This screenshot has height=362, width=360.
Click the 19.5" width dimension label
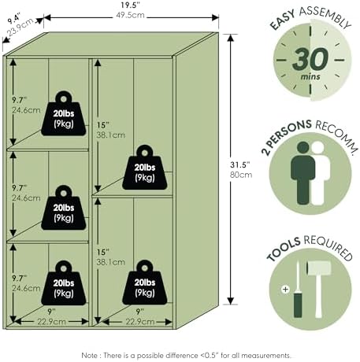click(130, 5)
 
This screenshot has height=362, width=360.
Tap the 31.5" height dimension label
click(240, 164)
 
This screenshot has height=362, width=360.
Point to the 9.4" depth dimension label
click(14, 20)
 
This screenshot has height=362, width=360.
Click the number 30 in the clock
click(310, 59)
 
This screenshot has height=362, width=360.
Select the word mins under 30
click(310, 77)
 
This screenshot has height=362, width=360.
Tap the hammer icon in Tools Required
click(318, 289)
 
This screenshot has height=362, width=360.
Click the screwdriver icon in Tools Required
click(298, 290)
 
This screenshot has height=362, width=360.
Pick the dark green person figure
click(302, 173)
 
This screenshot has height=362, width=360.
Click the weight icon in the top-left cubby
click(64, 113)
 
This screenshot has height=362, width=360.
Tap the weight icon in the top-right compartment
click(145, 168)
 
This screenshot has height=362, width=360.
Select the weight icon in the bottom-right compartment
click(145, 283)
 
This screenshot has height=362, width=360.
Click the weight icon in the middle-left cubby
click(64, 208)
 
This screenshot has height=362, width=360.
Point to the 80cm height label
click(241, 175)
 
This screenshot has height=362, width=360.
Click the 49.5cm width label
click(130, 15)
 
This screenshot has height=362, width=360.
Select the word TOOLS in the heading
click(284, 248)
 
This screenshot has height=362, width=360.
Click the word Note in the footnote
click(89, 356)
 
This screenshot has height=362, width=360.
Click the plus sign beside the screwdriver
click(285, 290)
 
